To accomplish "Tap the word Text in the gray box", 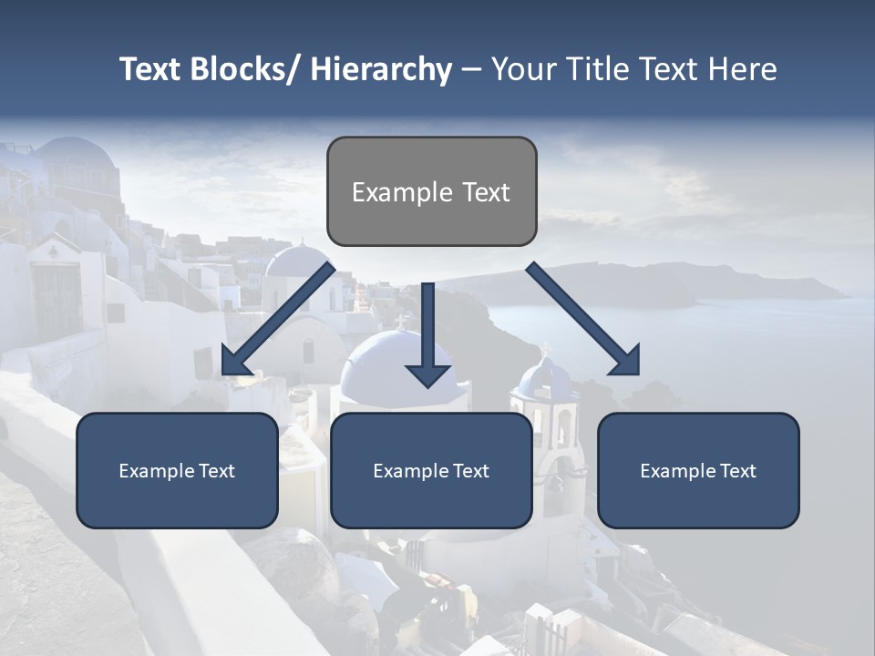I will (x=485, y=192).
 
